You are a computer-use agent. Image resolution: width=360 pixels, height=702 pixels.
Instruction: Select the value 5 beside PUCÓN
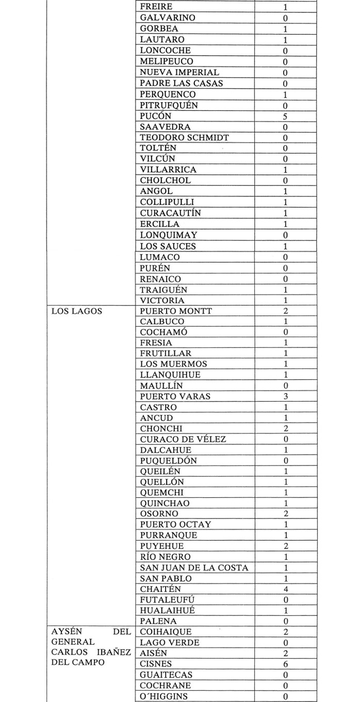(x=285, y=116)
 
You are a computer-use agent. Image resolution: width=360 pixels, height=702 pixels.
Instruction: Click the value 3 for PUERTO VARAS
(x=285, y=397)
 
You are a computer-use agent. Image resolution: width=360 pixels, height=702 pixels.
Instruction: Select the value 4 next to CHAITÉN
(x=285, y=589)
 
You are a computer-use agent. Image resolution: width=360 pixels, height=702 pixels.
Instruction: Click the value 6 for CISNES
(x=285, y=664)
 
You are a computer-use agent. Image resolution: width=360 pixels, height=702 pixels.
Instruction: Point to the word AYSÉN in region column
(x=66, y=632)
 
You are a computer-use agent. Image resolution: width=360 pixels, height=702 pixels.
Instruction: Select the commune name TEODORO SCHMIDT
(x=177, y=138)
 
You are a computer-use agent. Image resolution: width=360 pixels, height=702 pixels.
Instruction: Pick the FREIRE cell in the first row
(x=156, y=7)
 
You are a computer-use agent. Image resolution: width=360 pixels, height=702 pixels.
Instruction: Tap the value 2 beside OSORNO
(x=285, y=514)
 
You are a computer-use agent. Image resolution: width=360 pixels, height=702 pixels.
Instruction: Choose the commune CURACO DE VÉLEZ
(x=183, y=439)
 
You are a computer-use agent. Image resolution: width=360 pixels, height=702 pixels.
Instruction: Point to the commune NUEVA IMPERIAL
(x=179, y=73)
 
